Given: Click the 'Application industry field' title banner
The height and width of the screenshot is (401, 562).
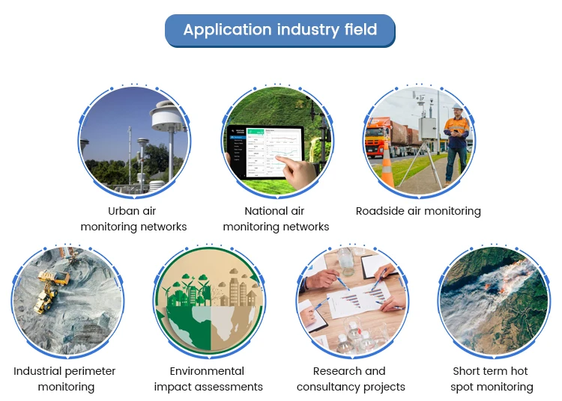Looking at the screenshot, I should coord(280,31).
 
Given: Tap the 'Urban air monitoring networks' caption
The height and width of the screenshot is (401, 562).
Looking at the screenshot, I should coord(133,218).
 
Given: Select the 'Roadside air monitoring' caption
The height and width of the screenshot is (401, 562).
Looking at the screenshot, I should coord(418,211).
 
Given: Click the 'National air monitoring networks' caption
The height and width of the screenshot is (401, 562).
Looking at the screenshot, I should coord(276,218).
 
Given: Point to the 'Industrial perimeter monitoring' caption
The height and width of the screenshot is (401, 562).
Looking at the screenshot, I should coord(65,379).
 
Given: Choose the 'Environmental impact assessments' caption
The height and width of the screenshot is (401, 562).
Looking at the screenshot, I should coord(208,379).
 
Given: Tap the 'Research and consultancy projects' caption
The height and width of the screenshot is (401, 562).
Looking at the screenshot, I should coord(351,379).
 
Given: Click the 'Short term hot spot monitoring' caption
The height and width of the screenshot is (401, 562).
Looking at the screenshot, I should coord(492,379).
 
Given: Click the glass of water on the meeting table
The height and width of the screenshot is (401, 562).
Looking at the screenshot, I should coord(345,261).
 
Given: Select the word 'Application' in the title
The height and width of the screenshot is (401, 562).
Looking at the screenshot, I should coord(217,31).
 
